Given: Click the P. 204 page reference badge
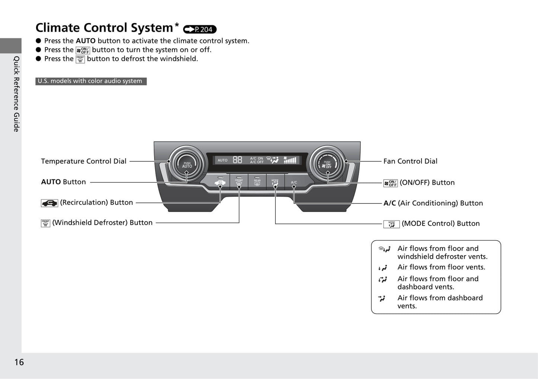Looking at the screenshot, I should pyautogui.click(x=200, y=29).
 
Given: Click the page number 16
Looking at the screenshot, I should pyautogui.click(x=19, y=362).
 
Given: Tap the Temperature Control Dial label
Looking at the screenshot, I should pyautogui.click(x=84, y=161).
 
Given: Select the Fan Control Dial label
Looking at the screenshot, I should pyautogui.click(x=410, y=161).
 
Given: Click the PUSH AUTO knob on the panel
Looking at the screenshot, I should pyautogui.click(x=187, y=164).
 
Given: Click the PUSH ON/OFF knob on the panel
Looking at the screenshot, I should pyautogui.click(x=328, y=164).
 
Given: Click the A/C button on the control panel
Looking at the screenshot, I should pyautogui.click(x=294, y=182).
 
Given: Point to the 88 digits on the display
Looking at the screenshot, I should pyautogui.click(x=237, y=160).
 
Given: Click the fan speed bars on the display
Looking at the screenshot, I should pyautogui.click(x=290, y=160).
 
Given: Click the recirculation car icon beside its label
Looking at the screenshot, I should pyautogui.click(x=49, y=203).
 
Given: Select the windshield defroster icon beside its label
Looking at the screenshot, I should pyautogui.click(x=45, y=223).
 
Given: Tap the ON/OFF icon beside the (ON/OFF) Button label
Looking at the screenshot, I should pyautogui.click(x=391, y=183).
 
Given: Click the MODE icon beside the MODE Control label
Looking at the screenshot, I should pyautogui.click(x=391, y=224).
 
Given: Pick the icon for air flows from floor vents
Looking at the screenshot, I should pyautogui.click(x=383, y=268).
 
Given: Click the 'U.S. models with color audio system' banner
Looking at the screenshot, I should pyautogui.click(x=91, y=81).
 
